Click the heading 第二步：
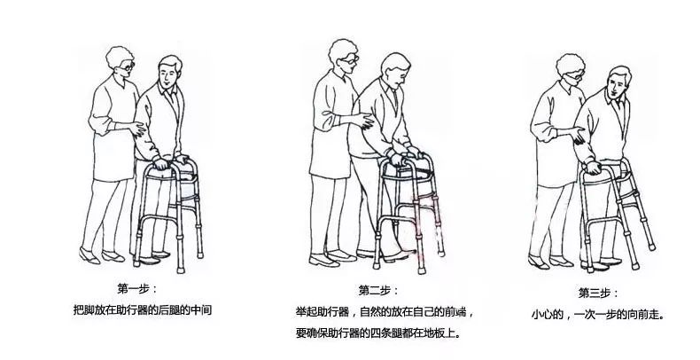point(378,290)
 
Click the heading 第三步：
point(596,292)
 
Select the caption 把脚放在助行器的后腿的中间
point(143,310)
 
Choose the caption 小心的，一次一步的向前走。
point(597,314)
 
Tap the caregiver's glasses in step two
point(352,59)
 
